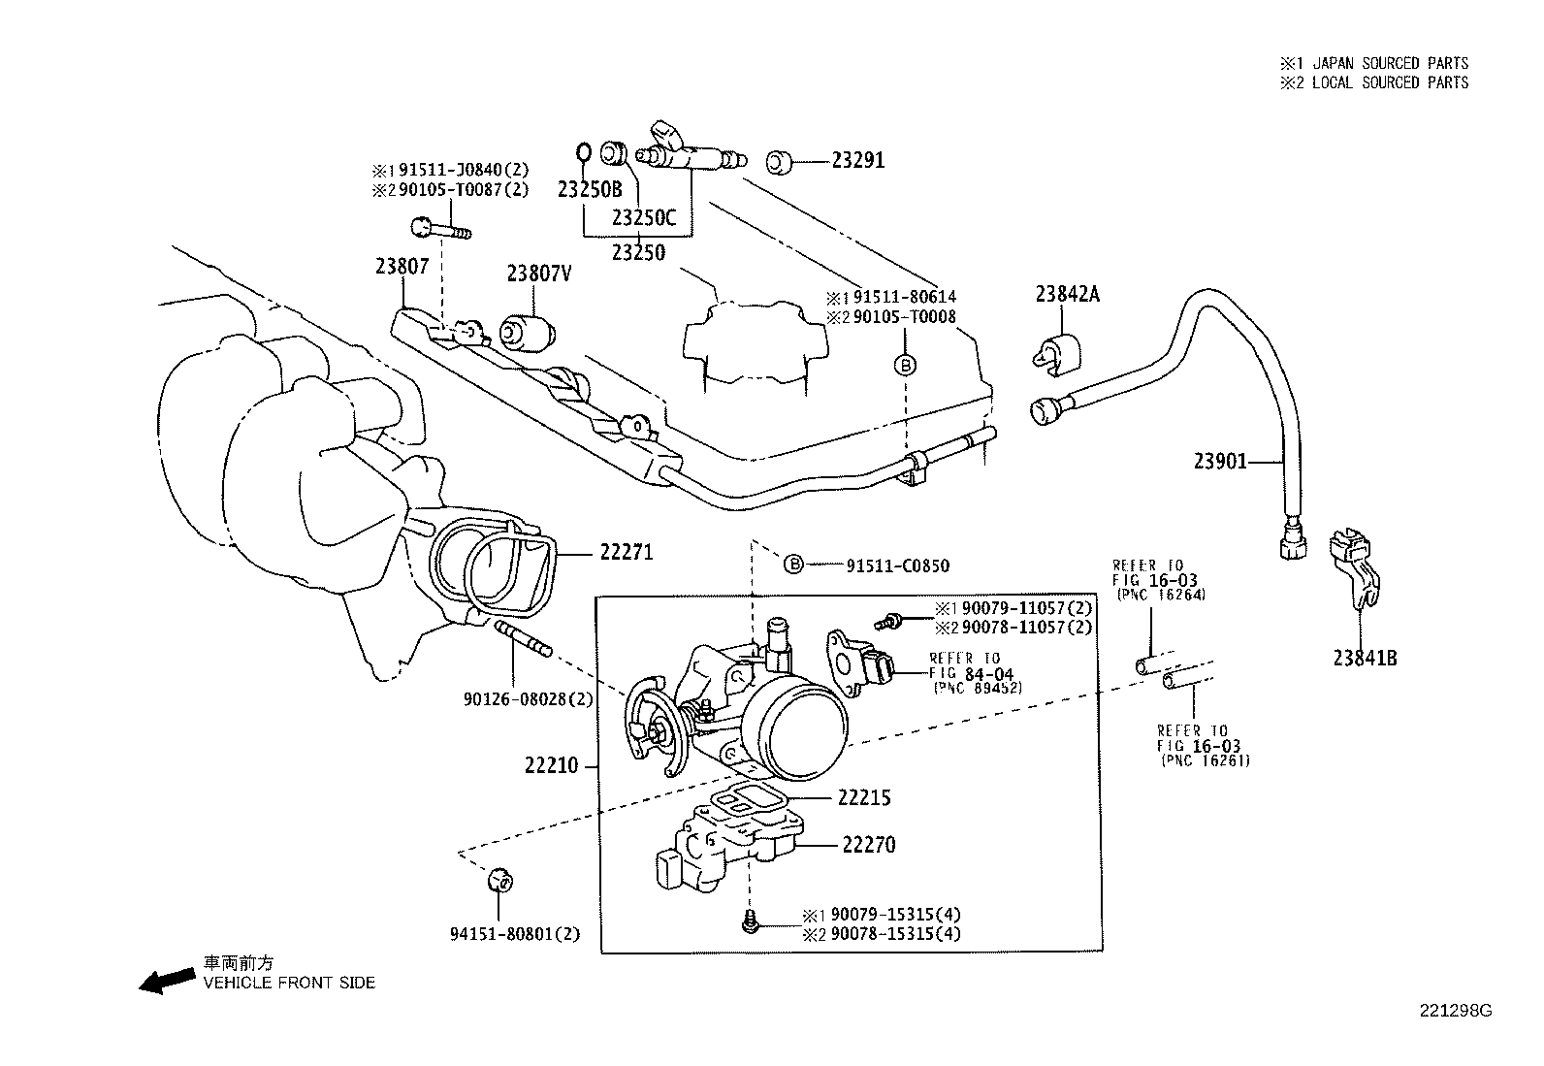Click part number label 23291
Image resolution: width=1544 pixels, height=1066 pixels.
tap(857, 161)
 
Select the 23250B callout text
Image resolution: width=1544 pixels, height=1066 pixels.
tap(589, 188)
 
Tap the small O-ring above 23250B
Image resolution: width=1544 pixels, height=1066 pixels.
tap(583, 151)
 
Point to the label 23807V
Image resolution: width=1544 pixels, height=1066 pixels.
tap(538, 274)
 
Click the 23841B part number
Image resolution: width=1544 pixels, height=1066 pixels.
tap(1365, 658)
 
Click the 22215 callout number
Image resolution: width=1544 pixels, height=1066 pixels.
tap(864, 797)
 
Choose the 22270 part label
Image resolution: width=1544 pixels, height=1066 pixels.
tap(868, 845)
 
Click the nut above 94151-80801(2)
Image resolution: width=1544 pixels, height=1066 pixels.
tap(500, 880)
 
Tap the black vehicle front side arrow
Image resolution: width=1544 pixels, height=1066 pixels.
tap(166, 981)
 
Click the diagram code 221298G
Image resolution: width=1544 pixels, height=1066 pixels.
tap(1456, 1011)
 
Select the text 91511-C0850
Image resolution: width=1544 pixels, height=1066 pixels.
tap(897, 565)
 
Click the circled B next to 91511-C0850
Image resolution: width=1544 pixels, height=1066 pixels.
tap(793, 564)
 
